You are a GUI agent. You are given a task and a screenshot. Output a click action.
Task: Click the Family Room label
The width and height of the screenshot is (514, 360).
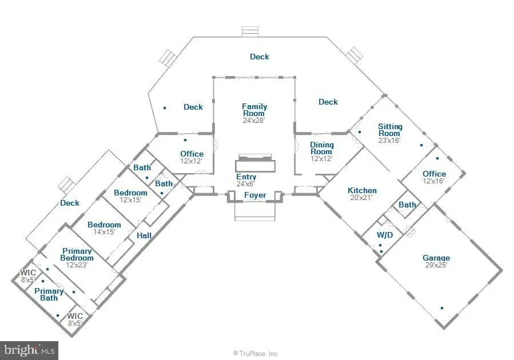tap(254, 110)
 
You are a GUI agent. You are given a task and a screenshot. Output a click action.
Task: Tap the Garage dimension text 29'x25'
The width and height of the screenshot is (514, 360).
tap(436, 265)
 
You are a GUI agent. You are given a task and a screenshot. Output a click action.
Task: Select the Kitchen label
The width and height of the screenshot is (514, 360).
tap(362, 190)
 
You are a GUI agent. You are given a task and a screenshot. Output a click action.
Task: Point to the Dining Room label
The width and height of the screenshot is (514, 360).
tap(321, 148)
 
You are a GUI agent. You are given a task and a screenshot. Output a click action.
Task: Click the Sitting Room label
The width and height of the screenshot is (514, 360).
tap(390, 130)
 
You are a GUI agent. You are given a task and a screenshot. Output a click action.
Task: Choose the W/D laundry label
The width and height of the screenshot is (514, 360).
tap(385, 235)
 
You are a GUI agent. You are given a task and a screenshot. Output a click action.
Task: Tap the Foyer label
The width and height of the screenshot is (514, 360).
tap(255, 195)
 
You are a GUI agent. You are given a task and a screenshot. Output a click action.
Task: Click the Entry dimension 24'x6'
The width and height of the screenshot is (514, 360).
tap(245, 184)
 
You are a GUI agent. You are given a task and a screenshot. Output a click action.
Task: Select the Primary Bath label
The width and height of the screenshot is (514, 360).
tap(49, 294)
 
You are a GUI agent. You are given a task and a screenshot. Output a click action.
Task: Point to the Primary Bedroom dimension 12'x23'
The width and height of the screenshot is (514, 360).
tap(77, 265)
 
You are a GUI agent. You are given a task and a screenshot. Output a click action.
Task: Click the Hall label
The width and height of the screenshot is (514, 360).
tap(144, 235)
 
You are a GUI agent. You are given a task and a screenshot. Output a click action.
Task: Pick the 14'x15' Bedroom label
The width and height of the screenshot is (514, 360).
tap(104, 225)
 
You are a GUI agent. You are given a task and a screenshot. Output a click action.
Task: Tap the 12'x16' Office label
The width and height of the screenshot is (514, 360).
tap(434, 174)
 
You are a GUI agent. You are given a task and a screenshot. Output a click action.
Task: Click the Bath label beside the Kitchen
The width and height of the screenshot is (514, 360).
tap(407, 205)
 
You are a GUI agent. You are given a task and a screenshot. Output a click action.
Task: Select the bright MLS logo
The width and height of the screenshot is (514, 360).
tap(29, 350)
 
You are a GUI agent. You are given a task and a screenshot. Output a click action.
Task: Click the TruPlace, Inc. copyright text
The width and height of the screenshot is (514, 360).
tap(256, 354)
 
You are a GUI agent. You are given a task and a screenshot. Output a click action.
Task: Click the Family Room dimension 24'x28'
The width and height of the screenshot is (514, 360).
tap(254, 120)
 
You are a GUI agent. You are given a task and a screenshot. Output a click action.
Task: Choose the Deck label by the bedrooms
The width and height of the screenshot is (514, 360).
tap(70, 203)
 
